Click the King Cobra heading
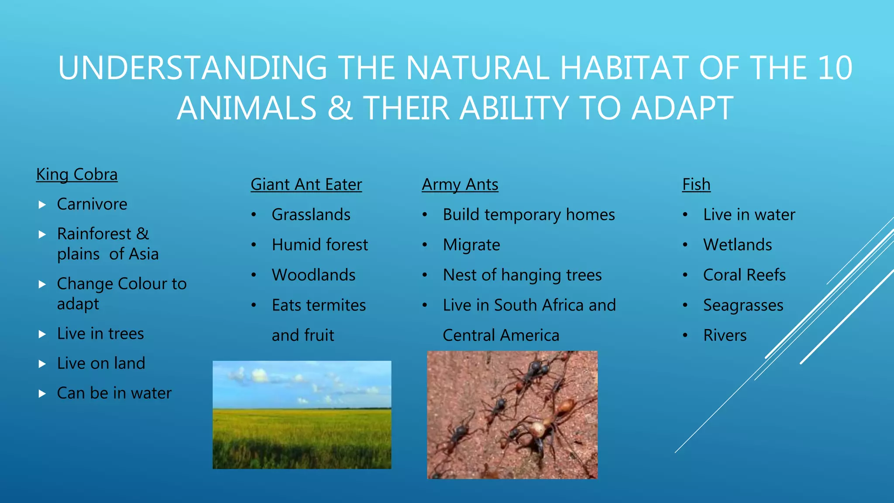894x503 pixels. pos(77,175)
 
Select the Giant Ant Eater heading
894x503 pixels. pos(306,185)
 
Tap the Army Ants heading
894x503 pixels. pos(460,185)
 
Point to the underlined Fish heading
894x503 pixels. pos(696,185)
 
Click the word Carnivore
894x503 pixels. pos(92,204)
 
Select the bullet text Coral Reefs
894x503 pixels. pos(744,275)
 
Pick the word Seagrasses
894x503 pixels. pos(743,305)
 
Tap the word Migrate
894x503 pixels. pos(471,245)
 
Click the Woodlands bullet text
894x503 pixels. pos(313,275)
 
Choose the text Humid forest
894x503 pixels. pos(320,245)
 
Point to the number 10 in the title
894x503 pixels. pos(835,68)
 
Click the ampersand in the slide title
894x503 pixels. pos(340,108)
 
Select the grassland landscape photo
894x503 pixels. pos(302,415)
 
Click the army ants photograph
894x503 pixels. pos(512,415)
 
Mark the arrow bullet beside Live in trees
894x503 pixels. pos(42,334)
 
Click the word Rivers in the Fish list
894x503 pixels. pos(725,335)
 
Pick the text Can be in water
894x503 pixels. pos(114,393)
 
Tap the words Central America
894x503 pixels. pos(501,335)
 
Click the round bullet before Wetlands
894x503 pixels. pos(685,245)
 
